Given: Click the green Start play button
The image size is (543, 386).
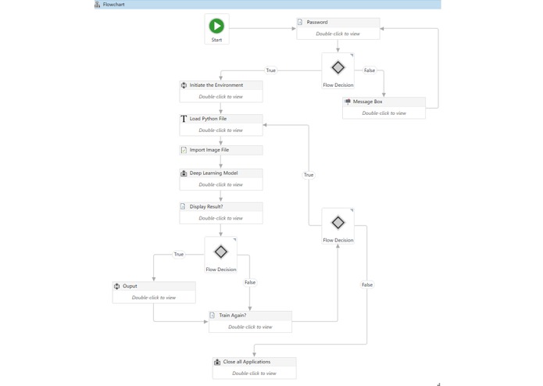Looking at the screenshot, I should tap(216, 26).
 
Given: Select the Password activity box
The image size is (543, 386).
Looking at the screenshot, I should tap(338, 28).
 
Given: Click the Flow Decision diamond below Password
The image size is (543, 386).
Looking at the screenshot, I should tap(338, 68).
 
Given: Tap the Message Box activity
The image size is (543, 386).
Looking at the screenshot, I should tap(384, 107).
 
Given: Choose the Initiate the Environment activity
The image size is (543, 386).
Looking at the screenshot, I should tap(220, 91).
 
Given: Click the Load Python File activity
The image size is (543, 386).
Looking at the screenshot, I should tap(220, 124).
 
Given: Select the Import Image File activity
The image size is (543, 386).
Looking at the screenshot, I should tap(220, 150).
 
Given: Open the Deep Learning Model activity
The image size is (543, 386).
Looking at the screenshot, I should tap(220, 179).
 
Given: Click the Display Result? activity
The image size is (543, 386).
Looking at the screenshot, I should tap(220, 213).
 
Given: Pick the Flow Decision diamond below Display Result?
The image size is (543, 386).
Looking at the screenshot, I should tap(220, 252).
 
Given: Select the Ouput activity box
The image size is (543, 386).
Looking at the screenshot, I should tap(154, 291).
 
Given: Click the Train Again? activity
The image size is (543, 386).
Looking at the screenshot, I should tap(250, 321).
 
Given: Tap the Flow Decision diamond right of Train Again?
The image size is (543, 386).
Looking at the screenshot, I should tap(338, 223).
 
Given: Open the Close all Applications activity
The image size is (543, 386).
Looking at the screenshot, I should tap(254, 367).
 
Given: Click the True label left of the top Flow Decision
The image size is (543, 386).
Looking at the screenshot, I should tap(270, 70).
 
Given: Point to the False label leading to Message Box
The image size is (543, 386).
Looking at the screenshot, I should tap(369, 70).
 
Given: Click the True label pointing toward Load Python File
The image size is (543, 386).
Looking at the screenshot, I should tap(309, 175).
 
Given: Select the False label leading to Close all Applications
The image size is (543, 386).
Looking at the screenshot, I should tap(366, 284).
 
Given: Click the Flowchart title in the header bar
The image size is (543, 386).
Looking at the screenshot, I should tap(113, 5).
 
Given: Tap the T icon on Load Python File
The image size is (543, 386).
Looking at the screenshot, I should tap(184, 119).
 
